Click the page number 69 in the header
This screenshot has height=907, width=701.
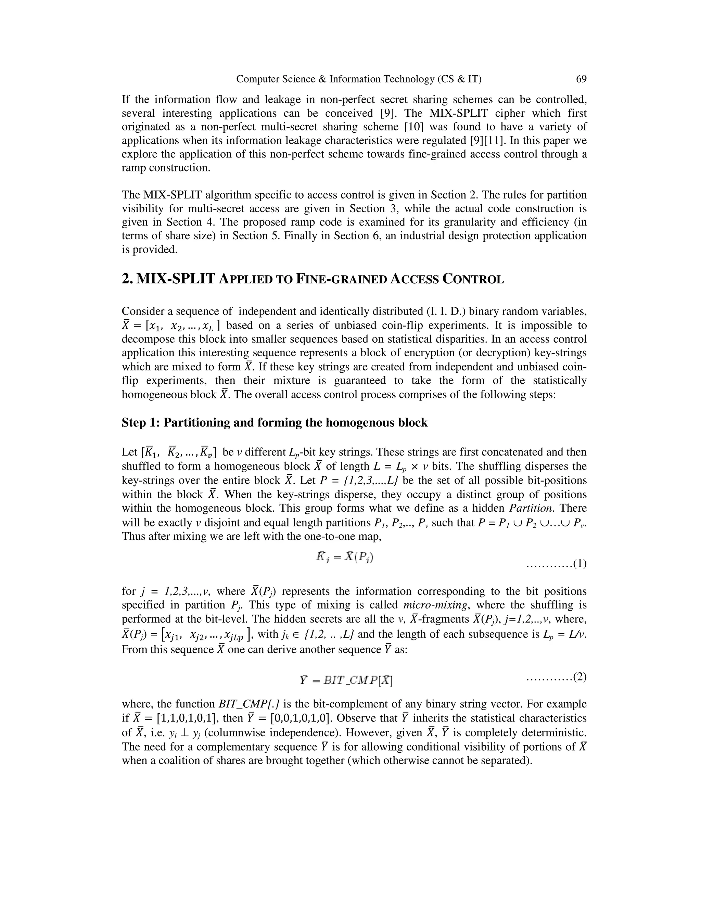[581, 79]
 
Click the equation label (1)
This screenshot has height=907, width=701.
[579, 564]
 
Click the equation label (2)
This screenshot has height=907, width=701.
[579, 677]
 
